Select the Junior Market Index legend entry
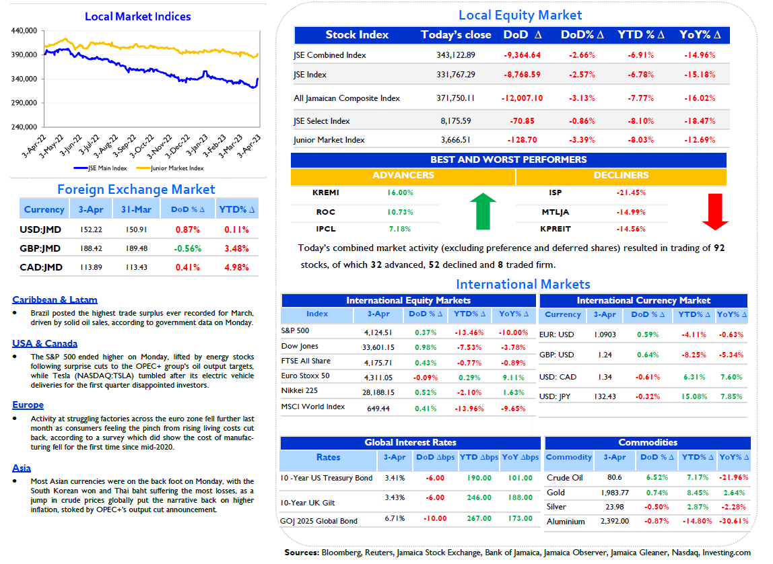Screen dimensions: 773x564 tap(170, 168)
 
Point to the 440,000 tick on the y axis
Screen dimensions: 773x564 tap(24, 30)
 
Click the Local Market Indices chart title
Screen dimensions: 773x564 tap(137, 16)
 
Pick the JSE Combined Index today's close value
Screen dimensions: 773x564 tap(455, 55)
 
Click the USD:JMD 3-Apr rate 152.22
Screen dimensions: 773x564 tap(91, 230)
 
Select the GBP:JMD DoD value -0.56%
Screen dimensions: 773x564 tap(187, 249)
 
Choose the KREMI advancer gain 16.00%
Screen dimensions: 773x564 tap(400, 192)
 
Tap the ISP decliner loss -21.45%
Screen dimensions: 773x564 tap(631, 192)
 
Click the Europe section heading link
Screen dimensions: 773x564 tap(28, 405)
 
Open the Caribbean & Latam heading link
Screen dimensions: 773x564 tap(55, 300)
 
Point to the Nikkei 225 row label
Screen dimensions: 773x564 tap(299, 390)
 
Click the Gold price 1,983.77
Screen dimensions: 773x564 tap(615, 493)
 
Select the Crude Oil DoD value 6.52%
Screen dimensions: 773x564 tap(657, 477)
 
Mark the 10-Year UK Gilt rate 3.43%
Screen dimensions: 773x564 tap(395, 497)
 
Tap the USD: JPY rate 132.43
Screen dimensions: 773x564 tap(605, 396)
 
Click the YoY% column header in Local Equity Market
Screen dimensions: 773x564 tap(700, 35)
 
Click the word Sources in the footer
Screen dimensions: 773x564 tap(302, 553)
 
